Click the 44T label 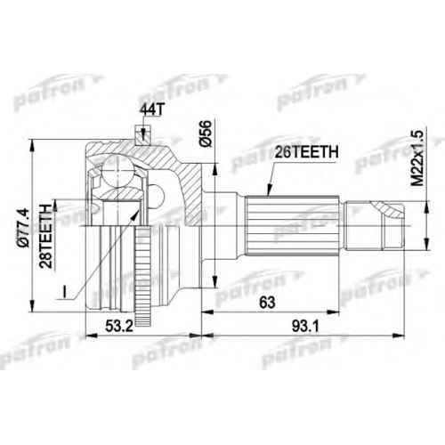point(151,110)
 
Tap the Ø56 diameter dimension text point(206,133)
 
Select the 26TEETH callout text point(306,152)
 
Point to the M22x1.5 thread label point(418,159)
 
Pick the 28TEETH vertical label point(45,236)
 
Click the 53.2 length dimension point(118,327)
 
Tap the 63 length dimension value point(267,303)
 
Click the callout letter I point(64,291)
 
